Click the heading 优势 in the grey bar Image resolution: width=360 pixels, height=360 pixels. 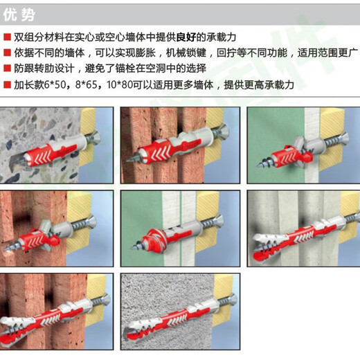click(x=19, y=15)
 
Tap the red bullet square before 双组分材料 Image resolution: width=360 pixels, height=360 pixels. click(x=7, y=37)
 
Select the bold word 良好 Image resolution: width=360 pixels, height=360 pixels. click(x=186, y=37)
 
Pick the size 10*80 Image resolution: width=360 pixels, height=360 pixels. click(x=120, y=84)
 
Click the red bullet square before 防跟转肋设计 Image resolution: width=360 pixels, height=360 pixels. click(x=7, y=69)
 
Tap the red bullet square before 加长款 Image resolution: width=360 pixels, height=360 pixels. click(x=7, y=84)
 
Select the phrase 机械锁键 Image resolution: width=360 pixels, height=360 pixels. click(x=186, y=53)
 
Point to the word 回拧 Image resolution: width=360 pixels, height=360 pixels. click(x=227, y=53)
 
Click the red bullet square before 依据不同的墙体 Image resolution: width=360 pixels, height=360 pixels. click(x=7, y=53)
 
